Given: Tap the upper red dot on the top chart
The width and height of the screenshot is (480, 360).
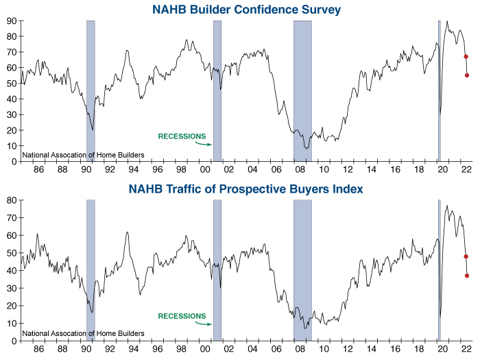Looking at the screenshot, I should [x=466, y=57].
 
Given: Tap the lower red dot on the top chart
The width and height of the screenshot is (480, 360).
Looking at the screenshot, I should [x=467, y=75].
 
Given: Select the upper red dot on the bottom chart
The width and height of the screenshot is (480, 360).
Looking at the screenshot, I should [x=466, y=256].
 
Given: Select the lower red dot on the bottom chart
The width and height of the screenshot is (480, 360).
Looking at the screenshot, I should [x=467, y=276].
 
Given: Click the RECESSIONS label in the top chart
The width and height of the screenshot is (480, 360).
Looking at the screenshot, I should [x=182, y=136].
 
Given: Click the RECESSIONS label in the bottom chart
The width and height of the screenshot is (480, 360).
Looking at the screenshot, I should [x=182, y=316].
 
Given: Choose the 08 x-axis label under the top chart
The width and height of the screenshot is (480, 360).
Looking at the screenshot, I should [x=300, y=170].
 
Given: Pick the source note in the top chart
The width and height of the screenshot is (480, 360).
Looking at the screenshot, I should [x=83, y=155].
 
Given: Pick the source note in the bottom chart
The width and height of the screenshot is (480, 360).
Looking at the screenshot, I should [x=83, y=334].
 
